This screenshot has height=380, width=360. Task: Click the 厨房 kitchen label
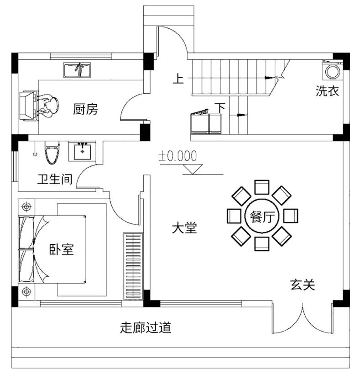pyautogui.click(x=86, y=110)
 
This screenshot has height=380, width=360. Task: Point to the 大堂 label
pyautogui.click(x=184, y=228)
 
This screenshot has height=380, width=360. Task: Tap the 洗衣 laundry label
pyautogui.click(x=328, y=91)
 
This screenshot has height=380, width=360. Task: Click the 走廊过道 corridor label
pyautogui.click(x=146, y=327)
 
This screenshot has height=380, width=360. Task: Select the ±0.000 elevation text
pyautogui.click(x=177, y=156)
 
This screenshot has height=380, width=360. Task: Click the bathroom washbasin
pyautogui.click(x=83, y=151)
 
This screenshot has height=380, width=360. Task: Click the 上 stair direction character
pyautogui.click(x=178, y=79)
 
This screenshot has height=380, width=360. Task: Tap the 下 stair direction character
pyautogui.click(x=220, y=108)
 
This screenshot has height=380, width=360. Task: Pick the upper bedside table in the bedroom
pyautogui.click(x=26, y=207)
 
